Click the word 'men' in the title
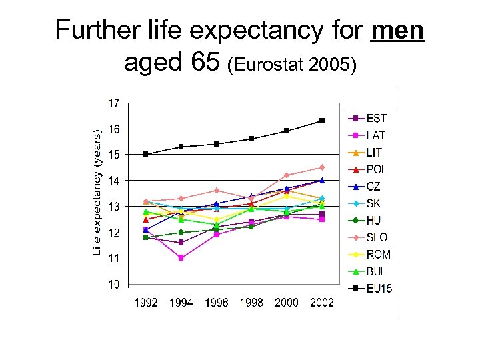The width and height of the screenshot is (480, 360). coord(399,31)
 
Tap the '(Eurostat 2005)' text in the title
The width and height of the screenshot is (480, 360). coord(293,65)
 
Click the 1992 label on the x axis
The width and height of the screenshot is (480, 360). coord(146,303)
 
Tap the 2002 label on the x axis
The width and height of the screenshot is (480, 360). coord(322,303)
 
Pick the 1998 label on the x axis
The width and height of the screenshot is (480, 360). coord(251,303)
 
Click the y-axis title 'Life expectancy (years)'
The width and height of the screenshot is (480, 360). coord(97,193)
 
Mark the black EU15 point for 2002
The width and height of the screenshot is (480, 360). coord(322,121)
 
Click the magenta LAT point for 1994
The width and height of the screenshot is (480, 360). coord(181,258)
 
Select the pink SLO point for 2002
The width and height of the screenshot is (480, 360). coord(322,167)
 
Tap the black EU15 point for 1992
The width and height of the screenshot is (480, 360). coord(146,154)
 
